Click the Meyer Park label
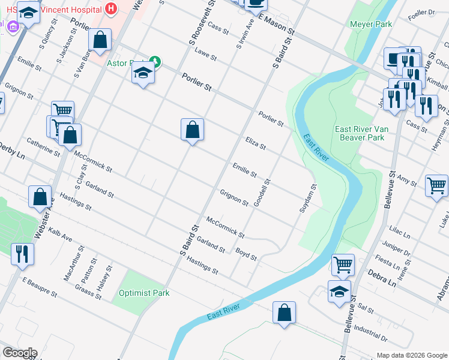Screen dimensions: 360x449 click(371, 25)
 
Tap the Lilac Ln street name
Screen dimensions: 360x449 click(399, 233)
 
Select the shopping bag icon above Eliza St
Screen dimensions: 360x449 click(192, 129)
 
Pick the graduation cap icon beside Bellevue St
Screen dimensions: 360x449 click(339, 291)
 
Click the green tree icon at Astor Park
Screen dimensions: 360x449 click(155, 61)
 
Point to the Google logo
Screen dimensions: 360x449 click(20, 352)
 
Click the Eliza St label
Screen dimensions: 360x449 click(256, 143)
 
